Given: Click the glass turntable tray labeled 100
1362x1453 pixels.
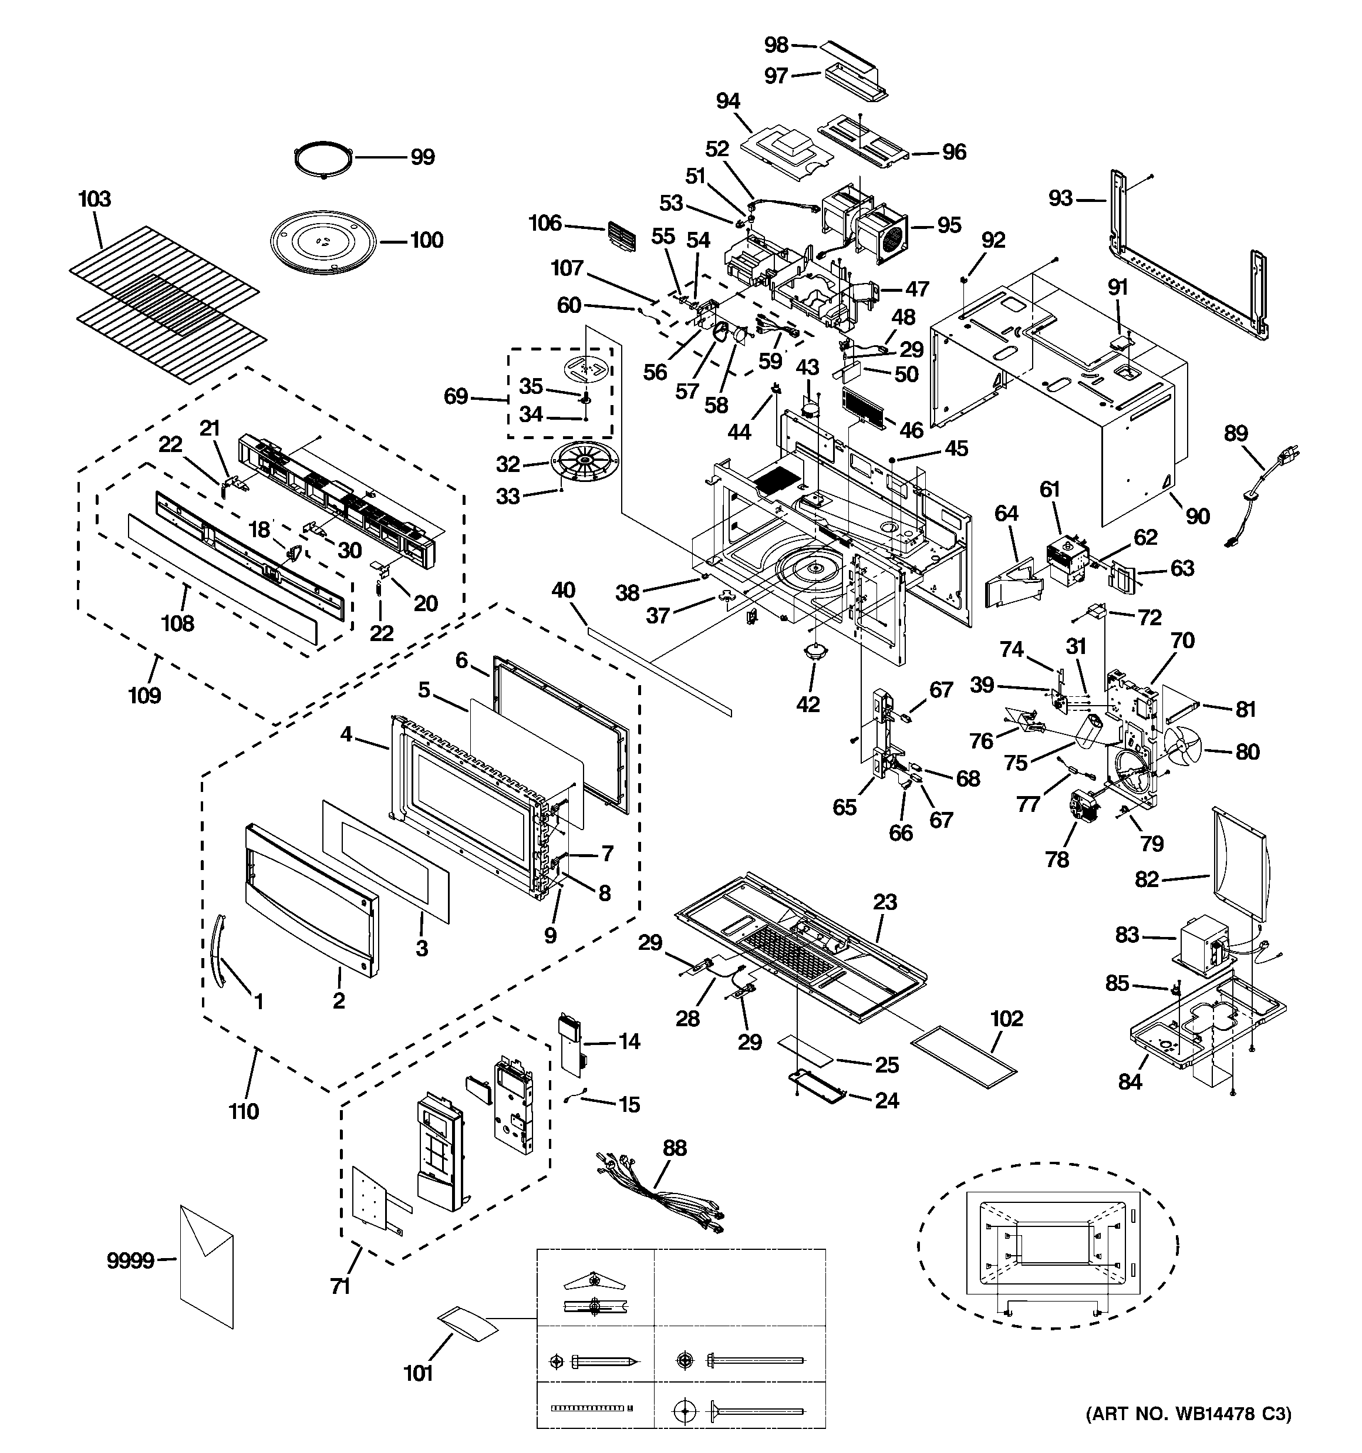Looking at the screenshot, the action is (322, 241).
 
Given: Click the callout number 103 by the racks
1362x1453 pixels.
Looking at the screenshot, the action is (95, 200).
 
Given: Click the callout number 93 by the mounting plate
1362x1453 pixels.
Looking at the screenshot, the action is (1061, 198).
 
